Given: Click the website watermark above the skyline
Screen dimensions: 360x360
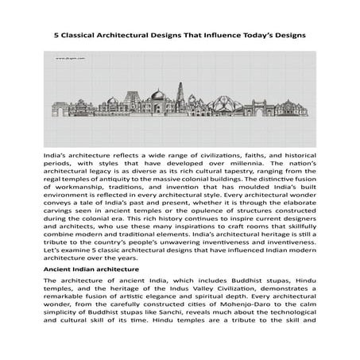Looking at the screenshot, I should coord(69,59).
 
